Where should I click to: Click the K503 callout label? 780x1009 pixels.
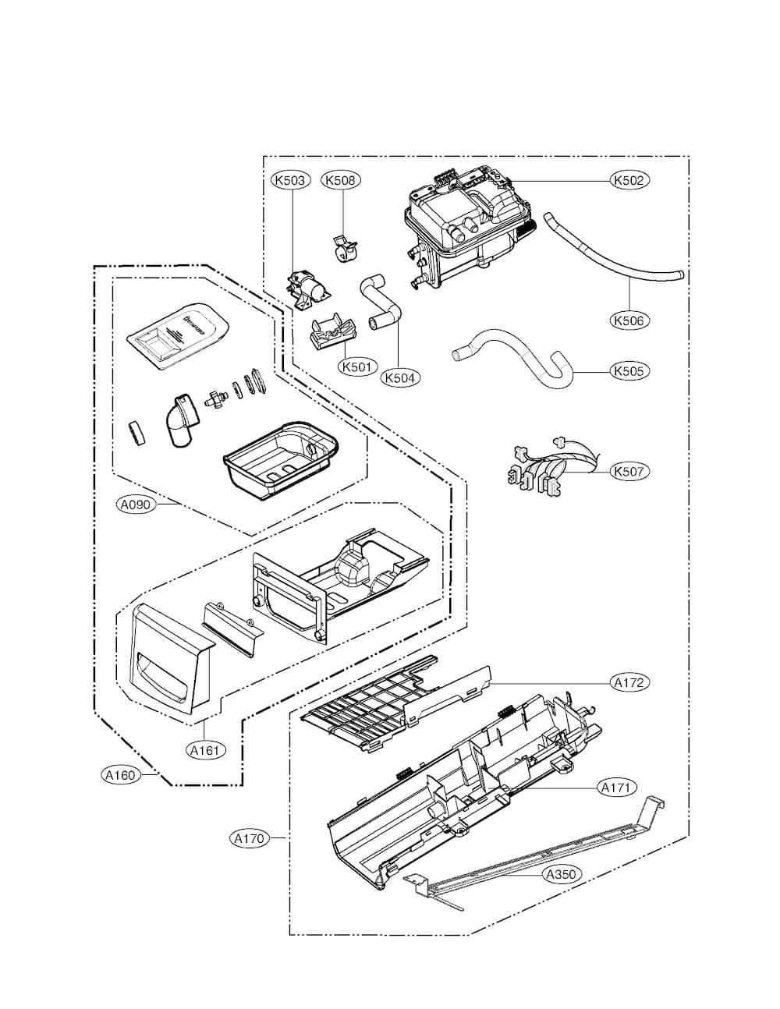point(291,180)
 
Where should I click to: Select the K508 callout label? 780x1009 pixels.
point(340,180)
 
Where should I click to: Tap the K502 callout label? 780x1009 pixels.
point(629,180)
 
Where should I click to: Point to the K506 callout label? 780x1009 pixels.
point(629,320)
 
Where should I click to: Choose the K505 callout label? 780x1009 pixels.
point(629,371)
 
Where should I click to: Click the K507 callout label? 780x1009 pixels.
point(629,471)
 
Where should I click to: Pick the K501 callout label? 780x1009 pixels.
point(357,366)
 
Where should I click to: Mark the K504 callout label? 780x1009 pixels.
point(401,377)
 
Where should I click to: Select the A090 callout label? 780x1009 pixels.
point(136,504)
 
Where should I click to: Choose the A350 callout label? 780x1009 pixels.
point(561,874)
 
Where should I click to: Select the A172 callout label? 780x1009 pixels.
point(629,682)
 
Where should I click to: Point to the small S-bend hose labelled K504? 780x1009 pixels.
point(381,300)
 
